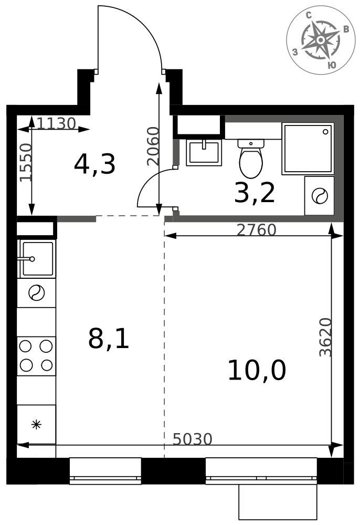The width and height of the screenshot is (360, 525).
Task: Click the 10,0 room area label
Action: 257,370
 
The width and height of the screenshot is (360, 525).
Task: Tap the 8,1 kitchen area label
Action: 109,339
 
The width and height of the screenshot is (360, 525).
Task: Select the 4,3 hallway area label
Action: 94,164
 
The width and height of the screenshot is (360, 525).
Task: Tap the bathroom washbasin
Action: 204,153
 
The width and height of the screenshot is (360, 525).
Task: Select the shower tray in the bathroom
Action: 308,149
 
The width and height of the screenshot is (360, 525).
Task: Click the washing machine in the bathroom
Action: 319,196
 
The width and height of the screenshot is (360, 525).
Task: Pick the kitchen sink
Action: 37,259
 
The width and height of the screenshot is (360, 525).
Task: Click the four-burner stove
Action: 36,356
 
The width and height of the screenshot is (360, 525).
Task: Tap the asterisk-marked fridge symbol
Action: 36,425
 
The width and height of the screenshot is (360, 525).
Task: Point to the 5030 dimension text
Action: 193,439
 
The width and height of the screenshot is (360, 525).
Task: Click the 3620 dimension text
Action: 325,337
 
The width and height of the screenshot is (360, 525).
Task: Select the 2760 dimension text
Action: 256,230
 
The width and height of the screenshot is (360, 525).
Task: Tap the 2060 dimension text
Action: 153,146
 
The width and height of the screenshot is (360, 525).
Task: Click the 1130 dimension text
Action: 56,123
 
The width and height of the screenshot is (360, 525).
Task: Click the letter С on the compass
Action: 309,15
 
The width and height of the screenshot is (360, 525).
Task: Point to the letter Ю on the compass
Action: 331,65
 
